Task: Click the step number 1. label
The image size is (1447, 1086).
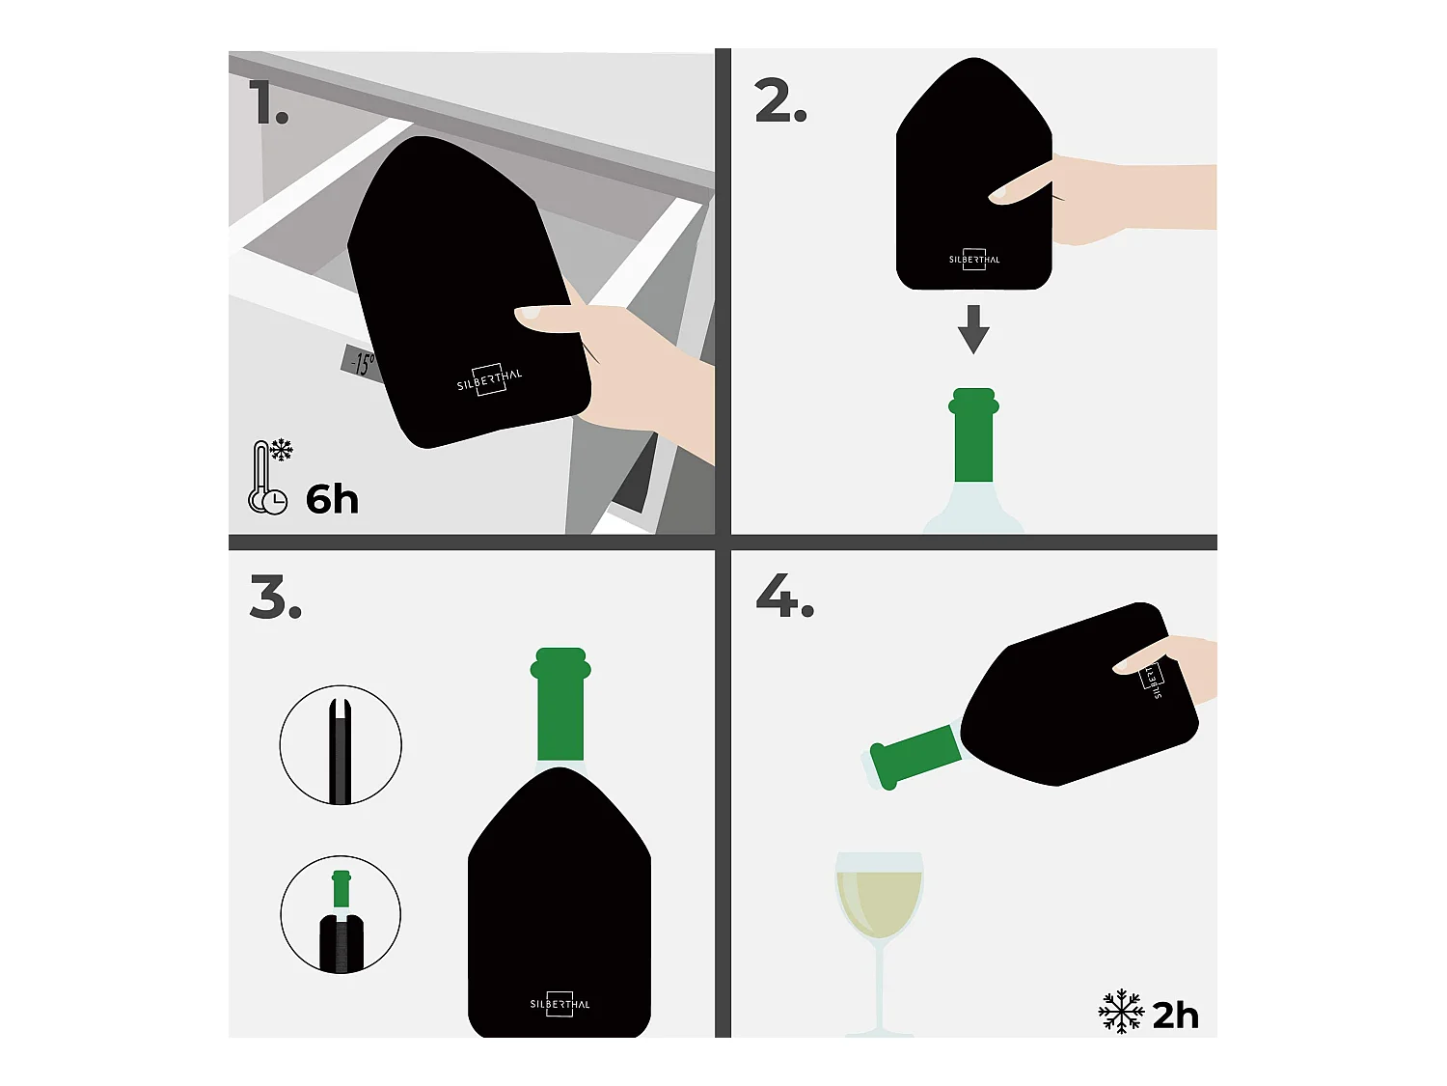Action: point(269,102)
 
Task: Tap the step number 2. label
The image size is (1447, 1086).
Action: point(780,100)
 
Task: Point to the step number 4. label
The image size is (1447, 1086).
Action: point(784,595)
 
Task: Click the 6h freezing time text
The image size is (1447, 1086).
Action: point(332,499)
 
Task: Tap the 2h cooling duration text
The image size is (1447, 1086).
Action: point(1175,1016)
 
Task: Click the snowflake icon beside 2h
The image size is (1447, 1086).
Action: point(1121,1011)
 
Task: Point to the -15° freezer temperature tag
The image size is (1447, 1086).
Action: point(362,363)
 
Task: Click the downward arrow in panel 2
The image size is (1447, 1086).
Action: point(973,329)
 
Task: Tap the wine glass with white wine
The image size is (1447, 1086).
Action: point(880,943)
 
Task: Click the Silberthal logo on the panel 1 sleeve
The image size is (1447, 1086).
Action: point(489,379)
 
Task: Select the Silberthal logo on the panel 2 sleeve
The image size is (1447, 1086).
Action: point(974,259)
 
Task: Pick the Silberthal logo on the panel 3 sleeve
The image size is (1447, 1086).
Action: point(560,1004)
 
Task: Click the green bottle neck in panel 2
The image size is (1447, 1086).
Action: point(973,435)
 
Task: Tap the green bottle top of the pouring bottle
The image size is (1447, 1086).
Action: point(915,755)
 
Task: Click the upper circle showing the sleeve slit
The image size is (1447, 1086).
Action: point(341,745)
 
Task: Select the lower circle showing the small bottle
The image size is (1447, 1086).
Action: point(341,914)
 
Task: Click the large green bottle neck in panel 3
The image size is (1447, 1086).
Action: point(560,705)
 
